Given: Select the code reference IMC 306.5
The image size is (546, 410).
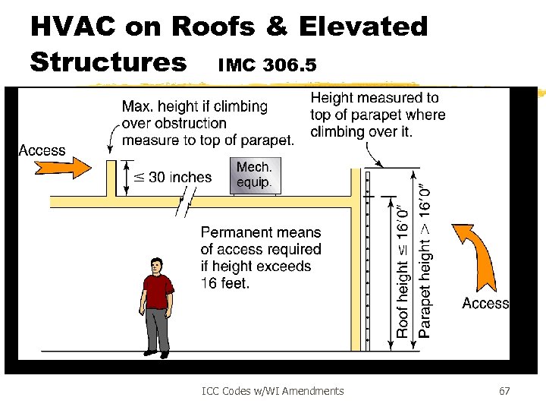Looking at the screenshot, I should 267,65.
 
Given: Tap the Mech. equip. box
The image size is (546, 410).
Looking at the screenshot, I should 253,176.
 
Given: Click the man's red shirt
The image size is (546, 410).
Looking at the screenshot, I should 157,292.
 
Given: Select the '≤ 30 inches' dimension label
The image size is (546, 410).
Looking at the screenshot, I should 173,178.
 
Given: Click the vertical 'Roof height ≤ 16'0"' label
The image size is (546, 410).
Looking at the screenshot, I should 402,270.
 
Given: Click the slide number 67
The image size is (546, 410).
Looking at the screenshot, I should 504,391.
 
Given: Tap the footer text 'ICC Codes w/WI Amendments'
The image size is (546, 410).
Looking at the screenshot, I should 273,391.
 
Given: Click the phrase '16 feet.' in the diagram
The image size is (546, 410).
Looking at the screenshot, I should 225,283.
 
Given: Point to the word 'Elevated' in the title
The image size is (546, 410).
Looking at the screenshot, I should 363,27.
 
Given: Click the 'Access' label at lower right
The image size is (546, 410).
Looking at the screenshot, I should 485,304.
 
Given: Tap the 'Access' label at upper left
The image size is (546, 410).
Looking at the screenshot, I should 42,150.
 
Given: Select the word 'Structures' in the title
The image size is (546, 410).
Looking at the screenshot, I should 108,61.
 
